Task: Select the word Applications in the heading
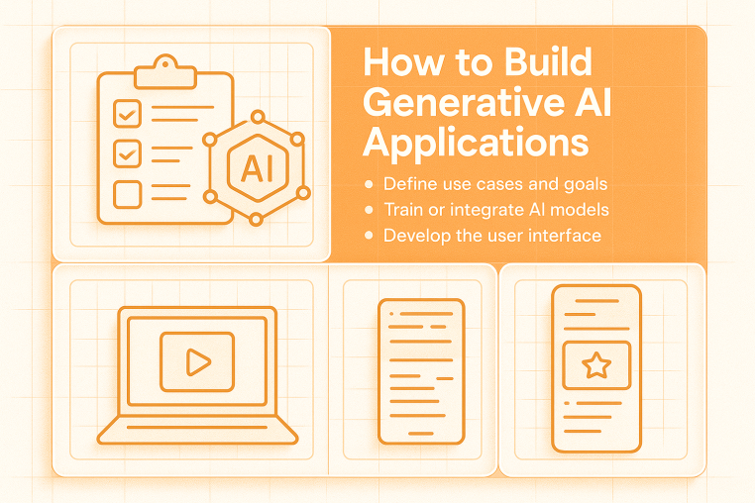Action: tap(476, 143)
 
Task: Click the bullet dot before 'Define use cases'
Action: tap(370, 184)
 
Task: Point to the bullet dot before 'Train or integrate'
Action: tap(370, 210)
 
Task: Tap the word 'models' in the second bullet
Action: tap(580, 210)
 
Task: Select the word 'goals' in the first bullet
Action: tap(581, 184)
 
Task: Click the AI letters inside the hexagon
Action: tap(255, 166)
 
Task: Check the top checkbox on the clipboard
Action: tap(127, 112)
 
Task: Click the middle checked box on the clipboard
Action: tap(127, 153)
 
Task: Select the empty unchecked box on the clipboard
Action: tap(127, 194)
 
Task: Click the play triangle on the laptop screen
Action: tap(197, 361)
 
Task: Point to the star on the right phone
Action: tap(595, 367)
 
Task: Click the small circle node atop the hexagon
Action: tap(255, 113)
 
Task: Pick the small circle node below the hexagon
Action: tap(255, 218)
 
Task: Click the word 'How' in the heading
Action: tap(399, 62)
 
